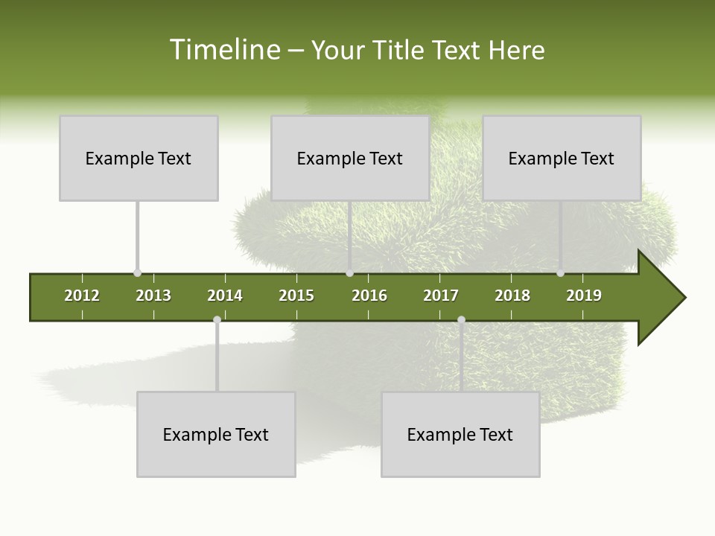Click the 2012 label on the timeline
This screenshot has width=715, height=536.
click(x=82, y=296)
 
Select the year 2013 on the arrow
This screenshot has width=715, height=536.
click(x=153, y=296)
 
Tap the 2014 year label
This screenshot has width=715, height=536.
click(x=225, y=296)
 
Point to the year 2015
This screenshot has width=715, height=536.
click(x=296, y=296)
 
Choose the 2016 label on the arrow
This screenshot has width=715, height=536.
click(x=369, y=296)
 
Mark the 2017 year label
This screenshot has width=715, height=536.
click(x=441, y=296)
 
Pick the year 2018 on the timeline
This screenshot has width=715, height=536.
click(x=512, y=296)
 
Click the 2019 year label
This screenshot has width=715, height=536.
click(x=584, y=296)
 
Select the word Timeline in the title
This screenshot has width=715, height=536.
click(x=223, y=50)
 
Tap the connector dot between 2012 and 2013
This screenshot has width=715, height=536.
click(x=137, y=273)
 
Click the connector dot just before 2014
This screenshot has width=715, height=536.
click(x=217, y=320)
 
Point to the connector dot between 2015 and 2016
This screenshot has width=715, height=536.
click(x=349, y=273)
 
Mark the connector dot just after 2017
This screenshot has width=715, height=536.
click(x=461, y=320)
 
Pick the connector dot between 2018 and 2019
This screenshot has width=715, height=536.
click(x=560, y=273)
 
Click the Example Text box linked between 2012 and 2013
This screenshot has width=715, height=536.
click(x=139, y=158)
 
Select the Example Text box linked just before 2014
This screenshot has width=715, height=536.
click(x=216, y=434)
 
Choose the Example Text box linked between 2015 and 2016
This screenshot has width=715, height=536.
click(x=350, y=158)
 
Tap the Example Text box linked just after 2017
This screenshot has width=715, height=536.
click(x=460, y=434)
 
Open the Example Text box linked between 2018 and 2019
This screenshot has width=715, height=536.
click(x=562, y=158)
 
